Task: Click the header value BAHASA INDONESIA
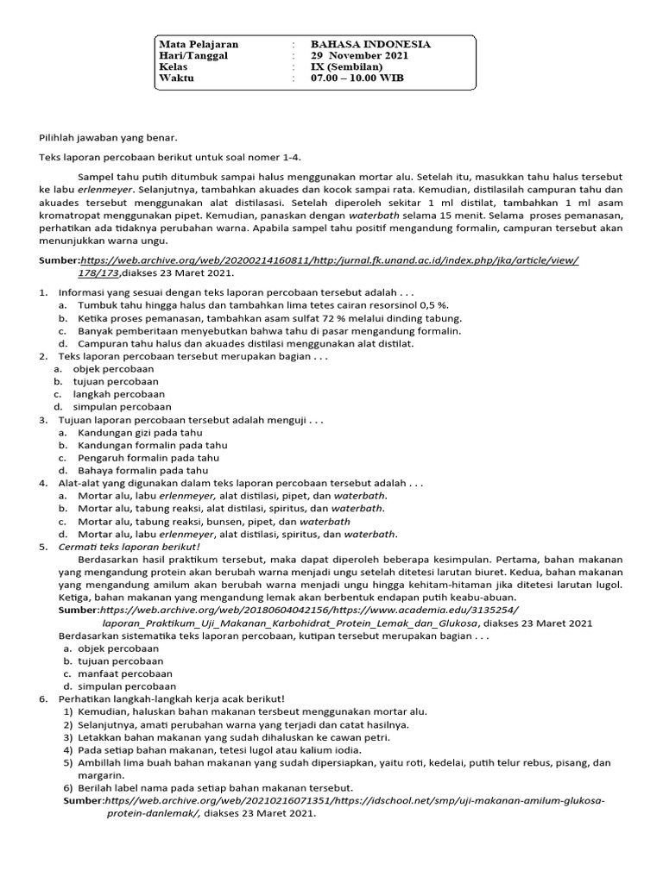coord(370,45)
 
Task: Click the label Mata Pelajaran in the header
coord(199,45)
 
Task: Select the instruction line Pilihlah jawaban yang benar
coord(108,137)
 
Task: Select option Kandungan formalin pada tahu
coord(153,446)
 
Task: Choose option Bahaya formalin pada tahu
coord(142,472)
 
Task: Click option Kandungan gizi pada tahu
coord(140,433)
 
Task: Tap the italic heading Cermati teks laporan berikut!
coord(129,547)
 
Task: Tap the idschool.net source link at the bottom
coord(354,801)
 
